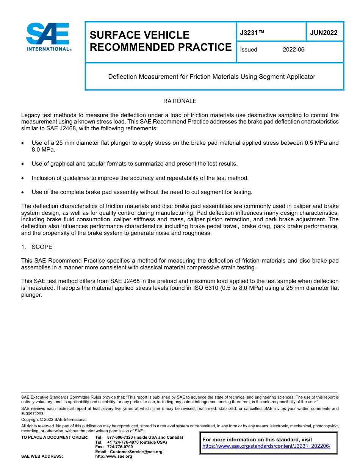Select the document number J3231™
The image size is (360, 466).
click(252, 33)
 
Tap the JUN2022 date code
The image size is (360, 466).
click(324, 33)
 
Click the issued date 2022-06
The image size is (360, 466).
click(293, 50)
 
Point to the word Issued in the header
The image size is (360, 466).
click(249, 50)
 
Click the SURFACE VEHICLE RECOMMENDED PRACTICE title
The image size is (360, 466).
click(160, 41)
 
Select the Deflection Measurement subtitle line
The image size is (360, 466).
click(211, 77)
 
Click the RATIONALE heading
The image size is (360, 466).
click(180, 101)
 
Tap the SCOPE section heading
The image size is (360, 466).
click(42, 247)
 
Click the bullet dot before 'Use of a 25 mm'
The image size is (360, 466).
click(23, 143)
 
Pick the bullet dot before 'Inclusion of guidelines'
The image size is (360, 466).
click(23, 178)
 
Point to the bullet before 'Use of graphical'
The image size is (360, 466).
click(23, 164)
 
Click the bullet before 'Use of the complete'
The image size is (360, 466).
click(23, 192)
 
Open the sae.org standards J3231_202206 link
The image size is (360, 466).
click(266, 446)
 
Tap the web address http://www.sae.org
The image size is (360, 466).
click(114, 457)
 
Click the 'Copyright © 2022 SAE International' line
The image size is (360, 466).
click(54, 419)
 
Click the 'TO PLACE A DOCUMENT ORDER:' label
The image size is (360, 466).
click(55, 437)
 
